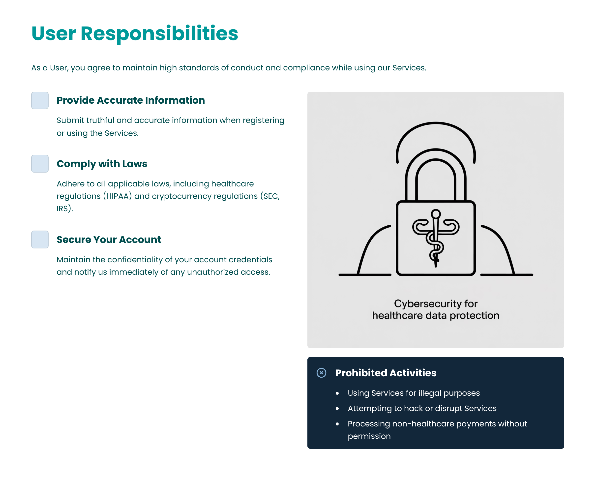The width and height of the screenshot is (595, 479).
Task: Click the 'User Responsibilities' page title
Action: pos(135,34)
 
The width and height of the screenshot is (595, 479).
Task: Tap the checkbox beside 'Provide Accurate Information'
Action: pos(40,100)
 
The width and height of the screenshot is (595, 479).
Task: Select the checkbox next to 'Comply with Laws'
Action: pos(40,164)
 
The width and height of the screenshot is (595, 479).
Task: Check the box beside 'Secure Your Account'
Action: pos(40,239)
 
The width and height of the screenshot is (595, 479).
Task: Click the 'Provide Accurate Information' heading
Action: pos(131,100)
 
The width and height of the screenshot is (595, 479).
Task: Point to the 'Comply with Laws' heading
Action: pos(102,164)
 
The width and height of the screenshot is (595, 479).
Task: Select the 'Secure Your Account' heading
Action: pos(109,239)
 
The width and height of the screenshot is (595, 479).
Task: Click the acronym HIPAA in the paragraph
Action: pos(118,196)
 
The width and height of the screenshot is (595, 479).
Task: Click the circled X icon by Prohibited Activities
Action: pos(322,373)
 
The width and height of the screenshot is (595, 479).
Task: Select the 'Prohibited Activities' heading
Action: pos(386,373)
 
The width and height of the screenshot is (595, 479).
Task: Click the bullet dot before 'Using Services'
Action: pos(337,393)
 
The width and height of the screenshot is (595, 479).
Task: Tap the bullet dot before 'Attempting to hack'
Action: pos(337,409)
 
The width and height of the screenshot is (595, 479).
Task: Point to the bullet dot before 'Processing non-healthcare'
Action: pos(337,424)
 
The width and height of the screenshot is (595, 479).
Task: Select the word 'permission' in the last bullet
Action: pos(369,437)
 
